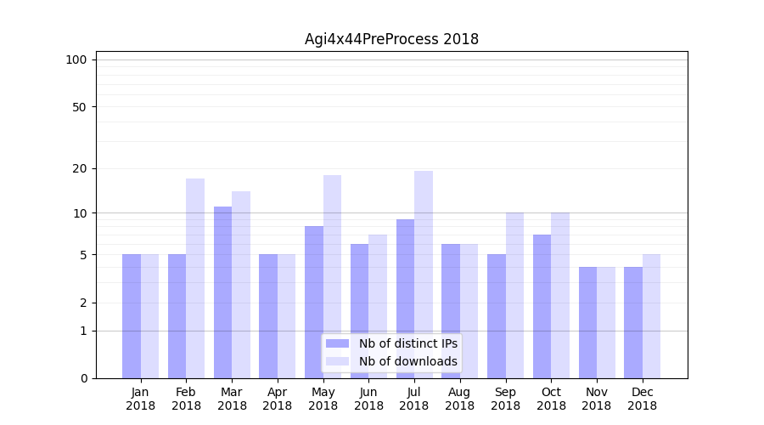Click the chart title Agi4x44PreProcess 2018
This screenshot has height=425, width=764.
click(391, 39)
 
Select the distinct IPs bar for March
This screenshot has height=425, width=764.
click(222, 292)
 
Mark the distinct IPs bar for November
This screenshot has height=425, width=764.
click(587, 322)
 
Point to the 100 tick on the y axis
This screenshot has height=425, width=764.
click(76, 59)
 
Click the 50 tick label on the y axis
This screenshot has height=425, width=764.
click(79, 107)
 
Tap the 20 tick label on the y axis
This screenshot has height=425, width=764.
click(79, 168)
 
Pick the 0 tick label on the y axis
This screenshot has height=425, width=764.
click(83, 378)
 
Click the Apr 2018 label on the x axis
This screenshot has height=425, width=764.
click(278, 399)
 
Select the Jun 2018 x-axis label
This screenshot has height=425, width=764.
click(368, 399)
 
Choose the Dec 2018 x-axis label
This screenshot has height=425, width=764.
click(642, 399)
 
